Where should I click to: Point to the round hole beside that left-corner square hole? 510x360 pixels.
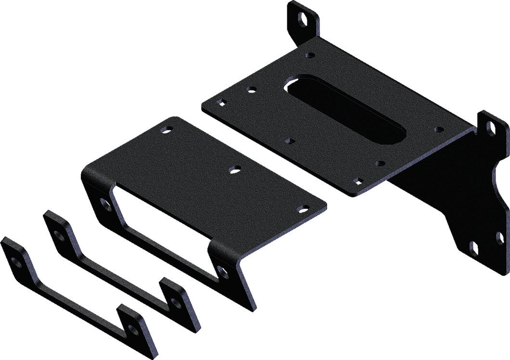[250, 89]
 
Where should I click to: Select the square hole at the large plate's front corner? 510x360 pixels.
[357, 180]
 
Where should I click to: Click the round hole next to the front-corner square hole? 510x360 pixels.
[381, 163]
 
